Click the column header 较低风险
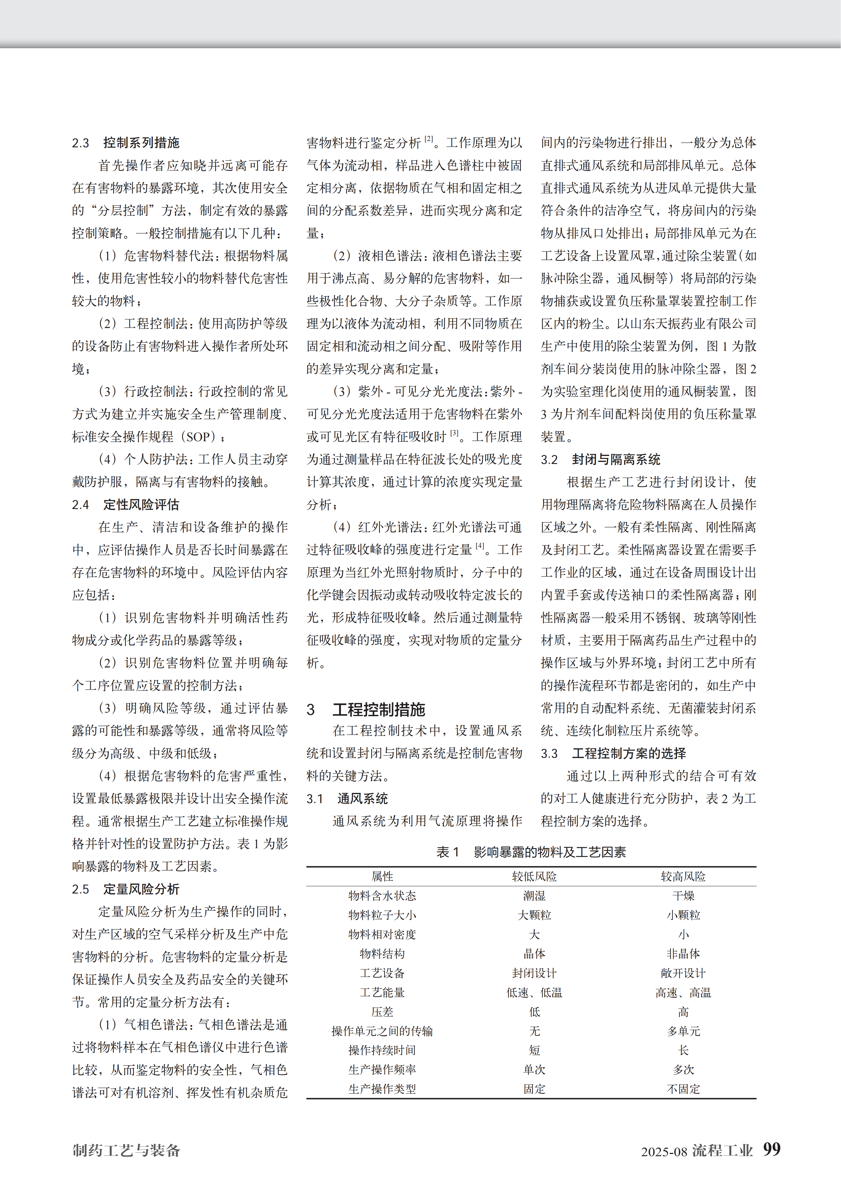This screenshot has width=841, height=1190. (534, 877)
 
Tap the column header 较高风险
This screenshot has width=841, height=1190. (683, 877)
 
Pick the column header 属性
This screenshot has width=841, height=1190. (382, 877)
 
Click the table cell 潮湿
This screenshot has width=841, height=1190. (534, 896)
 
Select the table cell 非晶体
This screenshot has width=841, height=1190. (683, 954)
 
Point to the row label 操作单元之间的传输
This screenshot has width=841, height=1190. (382, 1031)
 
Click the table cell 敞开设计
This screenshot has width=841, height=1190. (683, 973)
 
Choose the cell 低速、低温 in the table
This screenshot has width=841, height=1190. (534, 993)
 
